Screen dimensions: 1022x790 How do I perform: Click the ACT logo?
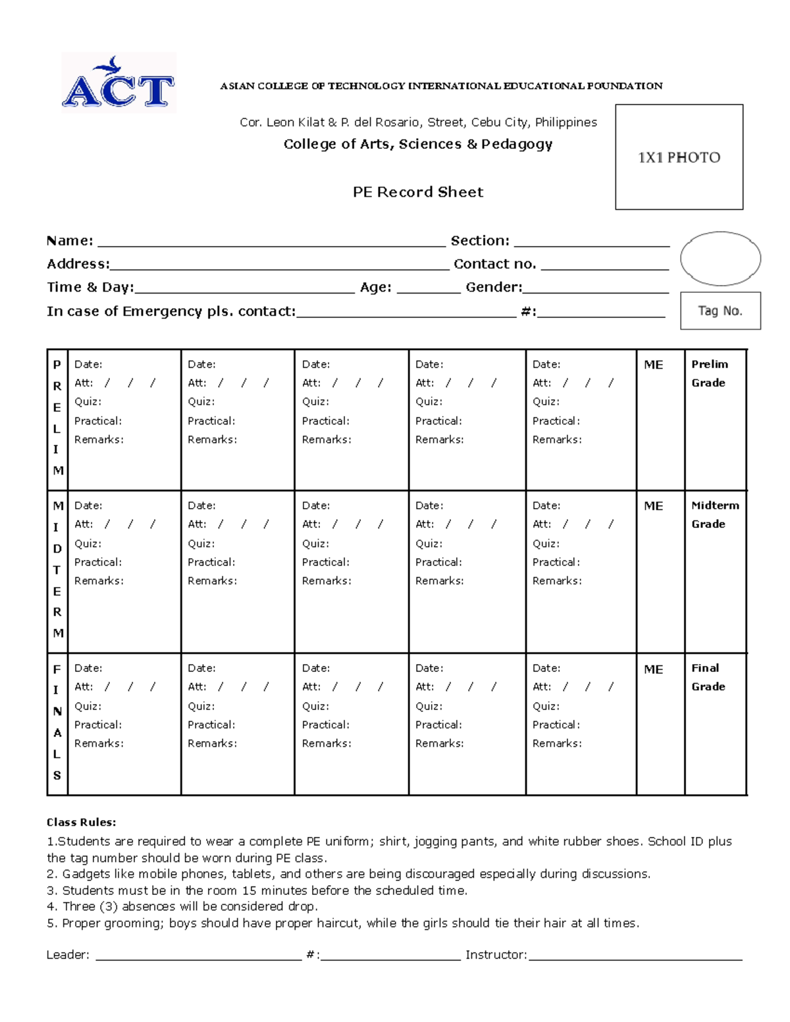pos(118,84)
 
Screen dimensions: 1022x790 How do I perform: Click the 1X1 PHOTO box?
pos(679,157)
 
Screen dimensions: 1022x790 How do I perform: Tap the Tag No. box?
pos(720,311)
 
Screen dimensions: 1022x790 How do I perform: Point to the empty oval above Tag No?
pos(720,259)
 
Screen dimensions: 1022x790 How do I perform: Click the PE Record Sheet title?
pos(418,192)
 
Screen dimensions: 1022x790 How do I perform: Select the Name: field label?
pos(70,241)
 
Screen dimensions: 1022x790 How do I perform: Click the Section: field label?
pos(480,241)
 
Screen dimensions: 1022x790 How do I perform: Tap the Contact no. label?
pos(494,264)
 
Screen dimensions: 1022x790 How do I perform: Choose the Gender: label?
pos(494,287)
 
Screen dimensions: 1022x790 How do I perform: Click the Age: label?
pos(375,287)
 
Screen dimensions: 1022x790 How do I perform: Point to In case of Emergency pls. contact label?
pos(171,311)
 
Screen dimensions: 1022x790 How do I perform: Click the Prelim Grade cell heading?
pos(709,373)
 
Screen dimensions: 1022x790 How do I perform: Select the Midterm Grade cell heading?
pos(714,515)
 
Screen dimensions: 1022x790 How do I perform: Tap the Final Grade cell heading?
pos(708,677)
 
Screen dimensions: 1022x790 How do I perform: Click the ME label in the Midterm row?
pos(653,506)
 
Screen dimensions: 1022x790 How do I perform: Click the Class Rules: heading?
pos(81,822)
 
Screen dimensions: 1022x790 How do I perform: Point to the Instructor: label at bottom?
pos(496,955)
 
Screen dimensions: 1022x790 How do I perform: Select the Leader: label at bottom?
pos(68,955)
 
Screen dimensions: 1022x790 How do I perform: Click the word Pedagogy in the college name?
pos(517,144)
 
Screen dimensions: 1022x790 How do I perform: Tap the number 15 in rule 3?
pos(249,890)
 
